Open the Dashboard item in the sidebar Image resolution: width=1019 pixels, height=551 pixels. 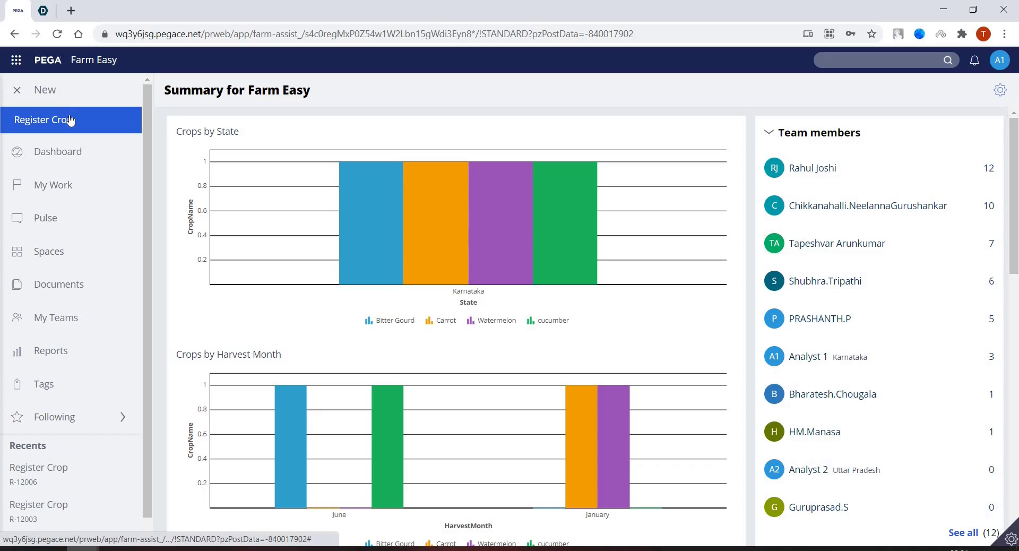click(x=57, y=152)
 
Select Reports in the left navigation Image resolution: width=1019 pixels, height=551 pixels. click(x=50, y=351)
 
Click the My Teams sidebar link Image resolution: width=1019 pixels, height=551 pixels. click(x=56, y=318)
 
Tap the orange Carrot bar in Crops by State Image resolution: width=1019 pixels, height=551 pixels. click(x=436, y=223)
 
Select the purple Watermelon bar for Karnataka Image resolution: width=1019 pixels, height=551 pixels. click(x=500, y=223)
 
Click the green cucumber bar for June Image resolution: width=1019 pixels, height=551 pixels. click(x=387, y=446)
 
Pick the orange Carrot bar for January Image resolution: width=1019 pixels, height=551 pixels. click(x=581, y=446)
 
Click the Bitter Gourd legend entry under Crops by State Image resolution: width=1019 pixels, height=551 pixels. click(x=390, y=321)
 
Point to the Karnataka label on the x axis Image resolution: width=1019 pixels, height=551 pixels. click(x=468, y=291)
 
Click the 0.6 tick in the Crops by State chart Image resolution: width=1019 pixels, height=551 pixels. click(x=202, y=211)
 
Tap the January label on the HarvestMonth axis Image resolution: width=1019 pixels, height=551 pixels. click(x=597, y=515)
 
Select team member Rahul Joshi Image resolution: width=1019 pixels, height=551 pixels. click(x=812, y=168)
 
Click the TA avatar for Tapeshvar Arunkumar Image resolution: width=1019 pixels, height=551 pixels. click(x=774, y=244)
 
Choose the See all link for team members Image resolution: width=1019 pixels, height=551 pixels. click(x=963, y=533)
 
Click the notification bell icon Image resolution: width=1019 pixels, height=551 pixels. click(x=974, y=61)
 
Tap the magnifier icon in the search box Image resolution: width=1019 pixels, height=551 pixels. click(x=948, y=61)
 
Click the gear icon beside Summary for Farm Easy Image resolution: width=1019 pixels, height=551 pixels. click(x=1000, y=90)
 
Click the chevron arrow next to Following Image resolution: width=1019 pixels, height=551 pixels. click(x=123, y=417)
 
